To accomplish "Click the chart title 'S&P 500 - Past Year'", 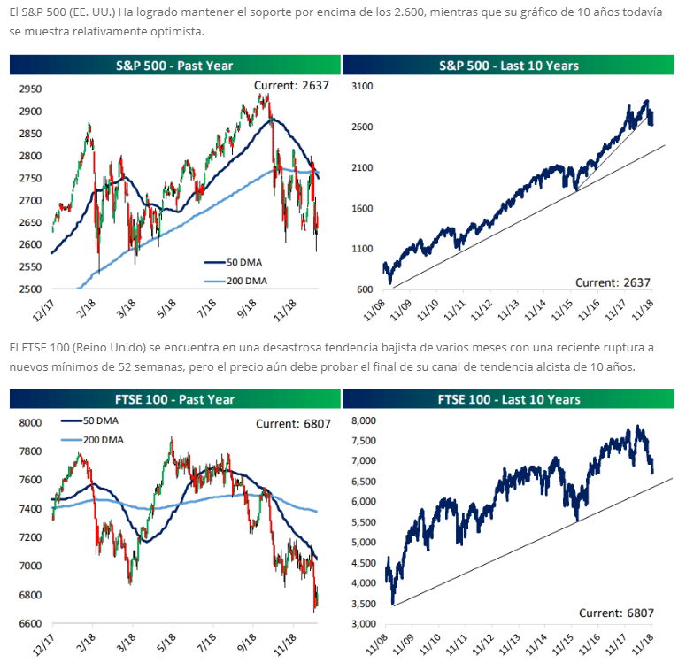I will click(x=174, y=65).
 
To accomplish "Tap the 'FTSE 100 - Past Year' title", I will click(x=174, y=399).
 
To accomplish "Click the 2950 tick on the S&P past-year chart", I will click(x=32, y=89).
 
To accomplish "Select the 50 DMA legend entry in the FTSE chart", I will click(x=101, y=422).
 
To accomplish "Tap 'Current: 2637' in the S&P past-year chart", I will click(x=291, y=85).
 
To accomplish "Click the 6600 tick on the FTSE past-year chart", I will click(x=32, y=624).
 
